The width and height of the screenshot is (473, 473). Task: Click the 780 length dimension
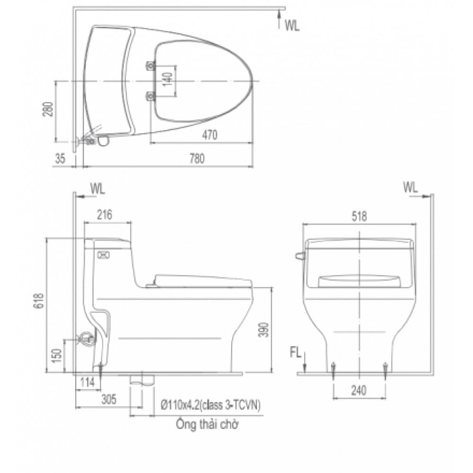click(x=197, y=158)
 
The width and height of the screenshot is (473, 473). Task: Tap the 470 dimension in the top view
click(x=210, y=135)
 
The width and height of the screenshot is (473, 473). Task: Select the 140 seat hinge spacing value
click(x=168, y=79)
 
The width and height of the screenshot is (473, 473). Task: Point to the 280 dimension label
click(x=48, y=109)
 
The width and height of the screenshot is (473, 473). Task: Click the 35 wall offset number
click(x=61, y=158)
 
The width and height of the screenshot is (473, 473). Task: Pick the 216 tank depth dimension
click(x=105, y=214)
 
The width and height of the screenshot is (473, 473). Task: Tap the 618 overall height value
click(x=40, y=300)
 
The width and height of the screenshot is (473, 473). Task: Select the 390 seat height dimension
click(x=263, y=330)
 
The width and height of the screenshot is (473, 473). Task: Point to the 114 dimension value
click(x=88, y=382)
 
